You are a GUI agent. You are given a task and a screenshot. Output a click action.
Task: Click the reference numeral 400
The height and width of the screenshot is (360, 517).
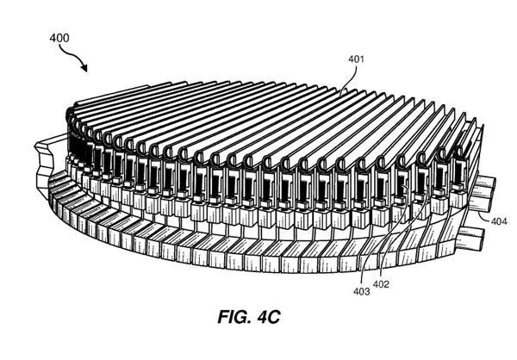(x=59, y=37)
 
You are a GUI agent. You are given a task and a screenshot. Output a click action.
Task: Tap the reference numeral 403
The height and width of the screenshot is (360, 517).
(x=360, y=292)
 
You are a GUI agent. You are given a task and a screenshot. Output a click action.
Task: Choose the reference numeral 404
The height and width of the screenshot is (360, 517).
(x=499, y=221)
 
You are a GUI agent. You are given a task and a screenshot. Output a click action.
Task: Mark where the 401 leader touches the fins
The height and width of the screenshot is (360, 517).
(x=342, y=90)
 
